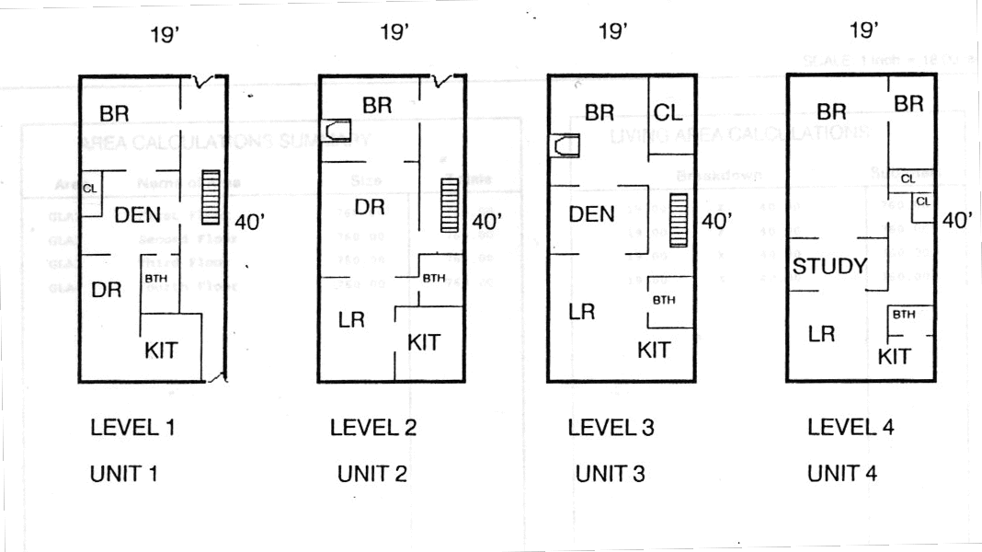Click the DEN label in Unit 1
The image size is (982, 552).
pyautogui.click(x=137, y=215)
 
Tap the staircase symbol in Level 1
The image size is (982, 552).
pyautogui.click(x=211, y=197)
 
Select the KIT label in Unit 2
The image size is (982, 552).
pyautogui.click(x=423, y=342)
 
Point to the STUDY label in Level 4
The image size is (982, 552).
pyautogui.click(x=830, y=267)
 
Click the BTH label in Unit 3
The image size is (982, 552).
pyautogui.click(x=664, y=300)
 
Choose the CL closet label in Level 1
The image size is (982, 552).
pyautogui.click(x=90, y=188)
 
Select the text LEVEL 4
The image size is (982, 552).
pyautogui.click(x=851, y=427)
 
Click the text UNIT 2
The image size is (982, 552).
pyautogui.click(x=372, y=475)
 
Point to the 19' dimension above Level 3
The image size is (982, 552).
pyautogui.click(x=612, y=32)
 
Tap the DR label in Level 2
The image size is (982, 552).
pyautogui.click(x=369, y=207)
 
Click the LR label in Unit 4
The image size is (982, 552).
pyautogui.click(x=821, y=334)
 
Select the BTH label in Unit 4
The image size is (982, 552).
pyautogui.click(x=904, y=315)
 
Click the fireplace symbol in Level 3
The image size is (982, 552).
pyautogui.click(x=565, y=145)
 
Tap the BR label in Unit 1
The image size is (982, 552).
pyautogui.click(x=114, y=113)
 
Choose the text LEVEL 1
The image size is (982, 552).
pyautogui.click(x=132, y=427)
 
